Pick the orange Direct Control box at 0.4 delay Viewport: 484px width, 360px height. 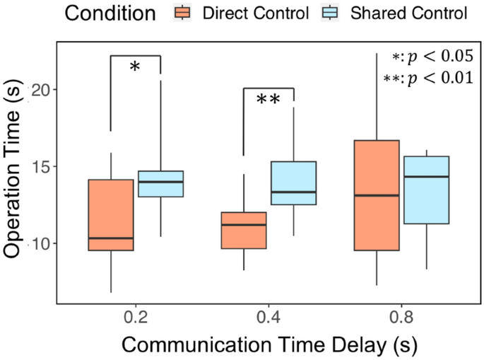point(244,230)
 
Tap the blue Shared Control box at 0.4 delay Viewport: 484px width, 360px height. point(293,183)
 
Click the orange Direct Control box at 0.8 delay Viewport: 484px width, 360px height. point(376,195)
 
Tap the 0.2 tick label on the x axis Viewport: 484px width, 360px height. point(136,318)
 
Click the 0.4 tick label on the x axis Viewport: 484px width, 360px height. point(268,318)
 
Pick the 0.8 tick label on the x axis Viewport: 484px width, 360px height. point(401,318)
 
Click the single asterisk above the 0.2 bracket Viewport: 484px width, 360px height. point(136,68)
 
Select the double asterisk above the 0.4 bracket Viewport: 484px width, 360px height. point(268,100)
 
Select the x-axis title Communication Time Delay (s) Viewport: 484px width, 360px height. point(268,346)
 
